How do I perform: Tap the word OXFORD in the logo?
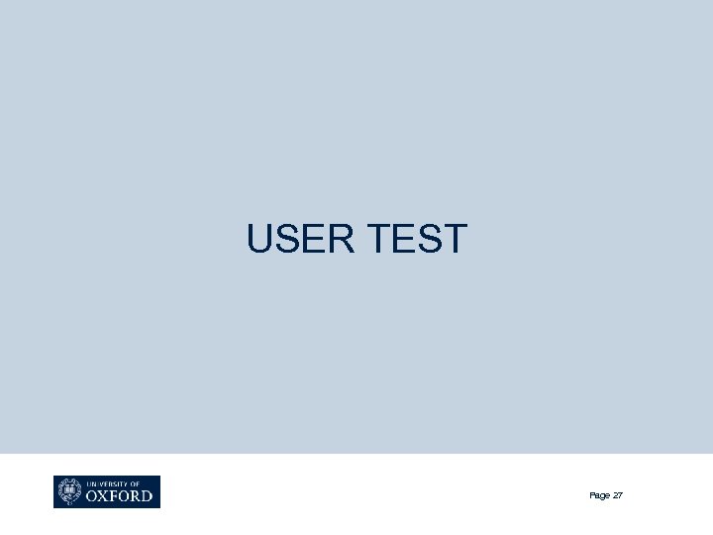click(121, 495)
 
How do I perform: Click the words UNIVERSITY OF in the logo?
click(112, 482)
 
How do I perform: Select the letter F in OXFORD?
click(119, 495)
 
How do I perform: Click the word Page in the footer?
click(599, 494)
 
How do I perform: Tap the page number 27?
click(618, 494)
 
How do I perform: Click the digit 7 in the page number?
click(621, 494)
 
